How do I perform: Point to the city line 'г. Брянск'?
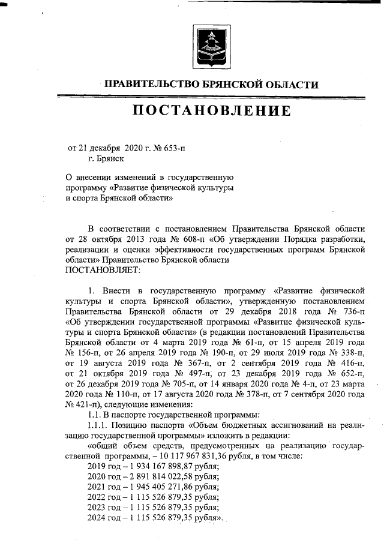[106, 158]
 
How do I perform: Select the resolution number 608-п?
[175, 239]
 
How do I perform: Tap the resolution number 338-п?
[349, 354]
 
